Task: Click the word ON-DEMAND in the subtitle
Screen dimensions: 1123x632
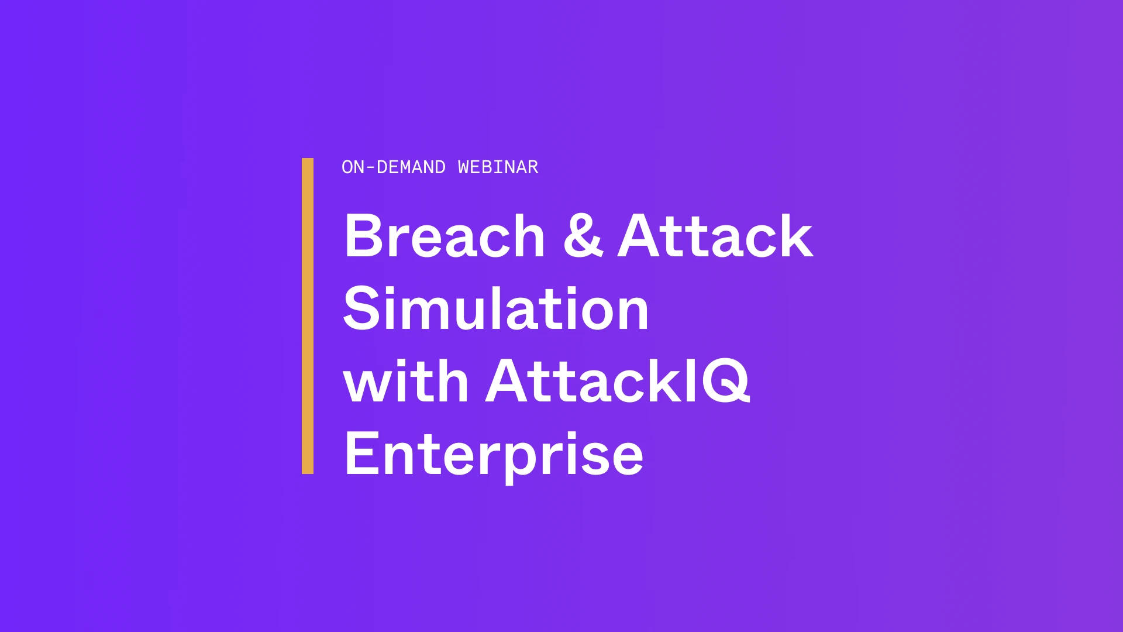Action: [x=394, y=167]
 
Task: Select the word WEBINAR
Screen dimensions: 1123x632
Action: [x=498, y=167]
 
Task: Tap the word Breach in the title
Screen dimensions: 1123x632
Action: [x=445, y=235]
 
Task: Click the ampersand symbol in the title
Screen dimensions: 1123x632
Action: [x=583, y=235]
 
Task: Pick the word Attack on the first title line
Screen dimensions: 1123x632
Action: [x=715, y=235]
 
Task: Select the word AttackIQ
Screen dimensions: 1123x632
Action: [x=618, y=381]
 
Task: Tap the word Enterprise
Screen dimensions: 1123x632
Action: [x=494, y=455]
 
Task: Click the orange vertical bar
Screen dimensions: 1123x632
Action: [x=308, y=316]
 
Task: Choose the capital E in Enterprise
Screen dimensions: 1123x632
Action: [x=361, y=454]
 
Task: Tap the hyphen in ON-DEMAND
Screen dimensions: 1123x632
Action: [x=370, y=169]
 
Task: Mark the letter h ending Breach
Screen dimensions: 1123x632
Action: [x=526, y=235]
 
